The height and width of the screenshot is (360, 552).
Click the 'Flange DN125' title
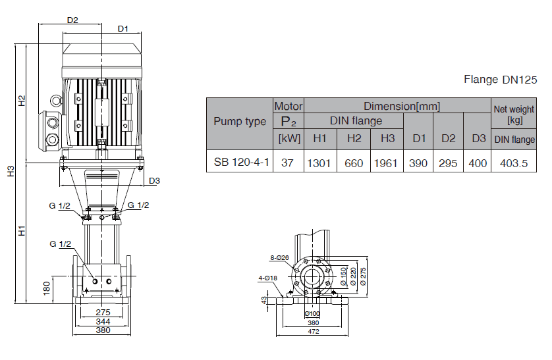tap(501, 80)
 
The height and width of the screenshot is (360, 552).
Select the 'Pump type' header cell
tap(240, 121)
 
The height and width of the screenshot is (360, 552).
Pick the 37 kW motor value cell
tap(287, 163)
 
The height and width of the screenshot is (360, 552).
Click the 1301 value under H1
tap(319, 163)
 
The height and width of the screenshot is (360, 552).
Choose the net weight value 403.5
tap(514, 163)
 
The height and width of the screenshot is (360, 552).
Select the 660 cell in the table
tap(354, 163)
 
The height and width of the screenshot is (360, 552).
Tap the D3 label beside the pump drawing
tap(155, 181)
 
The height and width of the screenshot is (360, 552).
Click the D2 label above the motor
tap(72, 20)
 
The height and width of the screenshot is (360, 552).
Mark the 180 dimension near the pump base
tap(46, 288)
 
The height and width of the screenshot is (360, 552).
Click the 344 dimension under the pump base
tap(102, 321)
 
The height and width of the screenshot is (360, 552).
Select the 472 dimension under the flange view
tap(314, 332)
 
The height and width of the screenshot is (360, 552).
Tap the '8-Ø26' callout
tap(279, 257)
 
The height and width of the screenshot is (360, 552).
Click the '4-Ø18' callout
tap(267, 278)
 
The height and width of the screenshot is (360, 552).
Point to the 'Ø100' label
tap(314, 313)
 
